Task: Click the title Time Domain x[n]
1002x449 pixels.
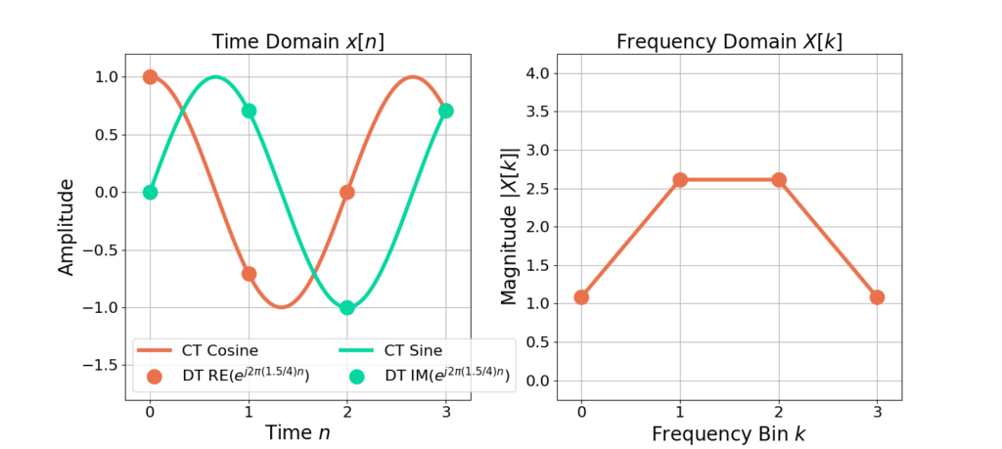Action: coord(297,42)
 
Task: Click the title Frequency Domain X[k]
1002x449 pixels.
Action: coord(728,42)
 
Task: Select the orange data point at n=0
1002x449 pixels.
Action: coord(150,76)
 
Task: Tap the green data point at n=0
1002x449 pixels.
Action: coord(150,192)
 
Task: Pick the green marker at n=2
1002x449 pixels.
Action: coord(347,307)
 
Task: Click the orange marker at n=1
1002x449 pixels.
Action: coord(249,274)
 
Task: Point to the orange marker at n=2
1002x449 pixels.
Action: coord(347,192)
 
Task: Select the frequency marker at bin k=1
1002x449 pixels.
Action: coord(680,180)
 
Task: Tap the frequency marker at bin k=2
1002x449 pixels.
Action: coord(779,180)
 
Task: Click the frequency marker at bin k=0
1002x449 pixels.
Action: coord(581,297)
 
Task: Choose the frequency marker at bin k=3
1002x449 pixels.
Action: coord(877,297)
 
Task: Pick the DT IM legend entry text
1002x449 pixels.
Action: coord(445,377)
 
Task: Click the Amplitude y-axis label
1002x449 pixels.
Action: coord(67,226)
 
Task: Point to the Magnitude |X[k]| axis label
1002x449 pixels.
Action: coord(510,226)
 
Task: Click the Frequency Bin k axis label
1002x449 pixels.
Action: coord(728,432)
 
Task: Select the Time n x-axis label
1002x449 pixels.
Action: coord(297,432)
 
